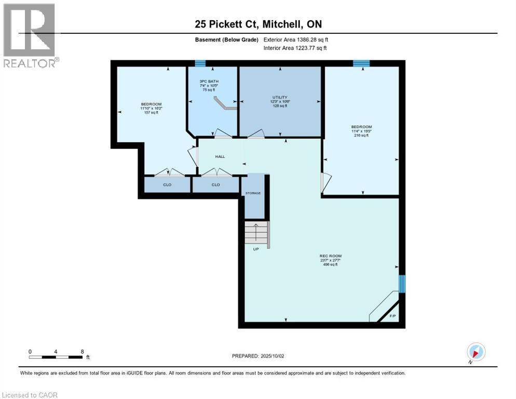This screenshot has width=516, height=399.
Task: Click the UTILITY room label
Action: click(280, 97)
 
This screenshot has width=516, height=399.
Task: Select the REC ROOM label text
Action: click(330, 256)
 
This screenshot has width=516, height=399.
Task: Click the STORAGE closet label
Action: click(253, 193)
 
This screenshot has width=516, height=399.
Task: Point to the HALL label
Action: click(220, 156)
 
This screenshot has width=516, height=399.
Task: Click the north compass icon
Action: click(476, 352)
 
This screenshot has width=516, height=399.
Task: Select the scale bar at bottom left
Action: click(56, 357)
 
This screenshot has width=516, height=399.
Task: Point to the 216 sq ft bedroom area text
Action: click(361, 136)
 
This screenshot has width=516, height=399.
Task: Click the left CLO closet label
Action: click(167, 184)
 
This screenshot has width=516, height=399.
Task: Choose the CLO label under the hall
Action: click(215, 184)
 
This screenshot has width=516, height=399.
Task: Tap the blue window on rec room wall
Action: click(401, 284)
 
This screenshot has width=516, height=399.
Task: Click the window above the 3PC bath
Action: click(199, 63)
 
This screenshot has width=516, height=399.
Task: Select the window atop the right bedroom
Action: click(361, 63)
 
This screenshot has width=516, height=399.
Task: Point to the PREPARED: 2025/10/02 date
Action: click(258, 356)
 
